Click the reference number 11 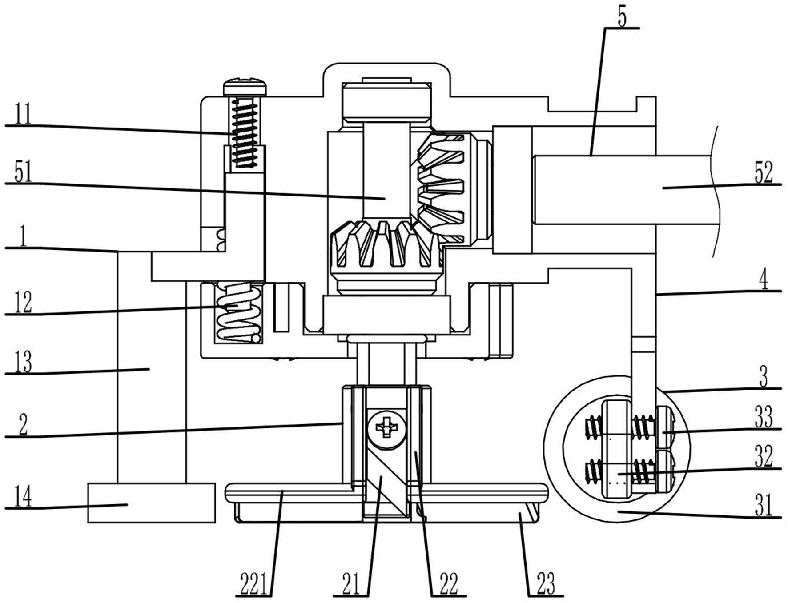(x=23, y=114)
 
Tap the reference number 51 (x=23, y=172)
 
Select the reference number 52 (x=764, y=173)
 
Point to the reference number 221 (x=255, y=583)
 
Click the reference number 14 (x=23, y=496)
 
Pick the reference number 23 (x=546, y=583)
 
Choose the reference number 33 (x=764, y=417)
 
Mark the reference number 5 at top (x=622, y=18)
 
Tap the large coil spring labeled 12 (x=238, y=313)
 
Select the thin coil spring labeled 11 (x=245, y=132)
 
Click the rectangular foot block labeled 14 (x=151, y=503)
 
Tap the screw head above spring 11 (x=245, y=87)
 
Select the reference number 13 (x=23, y=362)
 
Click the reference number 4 (x=764, y=280)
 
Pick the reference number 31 (x=764, y=505)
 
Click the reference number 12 (x=23, y=303)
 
